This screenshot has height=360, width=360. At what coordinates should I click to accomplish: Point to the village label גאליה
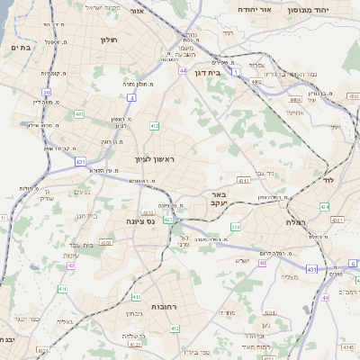tap(64, 321)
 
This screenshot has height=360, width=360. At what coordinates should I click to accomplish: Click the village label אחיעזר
tap(294, 112)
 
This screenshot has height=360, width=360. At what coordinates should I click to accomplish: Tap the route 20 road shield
tap(47, 92)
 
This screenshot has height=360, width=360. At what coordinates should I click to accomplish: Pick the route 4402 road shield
tap(256, 82)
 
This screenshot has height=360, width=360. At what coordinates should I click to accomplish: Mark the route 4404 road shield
tap(295, 100)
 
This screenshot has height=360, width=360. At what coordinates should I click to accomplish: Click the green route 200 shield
tap(234, 228)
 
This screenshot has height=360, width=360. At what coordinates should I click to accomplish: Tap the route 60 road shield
tap(262, 264)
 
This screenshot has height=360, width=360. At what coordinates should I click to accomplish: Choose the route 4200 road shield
tap(105, 243)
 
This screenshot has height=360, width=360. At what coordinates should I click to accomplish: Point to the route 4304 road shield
tap(242, 180)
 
